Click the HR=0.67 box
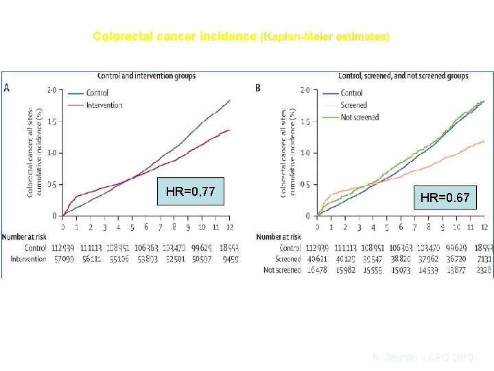445,198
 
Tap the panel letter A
7,87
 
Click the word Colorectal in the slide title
120,36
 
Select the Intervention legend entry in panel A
104,105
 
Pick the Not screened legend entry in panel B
359,117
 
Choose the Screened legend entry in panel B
353,105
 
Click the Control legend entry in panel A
98,93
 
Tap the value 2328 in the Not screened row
484,270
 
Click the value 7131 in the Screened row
484,259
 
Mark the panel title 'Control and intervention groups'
147,75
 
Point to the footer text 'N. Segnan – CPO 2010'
423,358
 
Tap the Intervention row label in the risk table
27,259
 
